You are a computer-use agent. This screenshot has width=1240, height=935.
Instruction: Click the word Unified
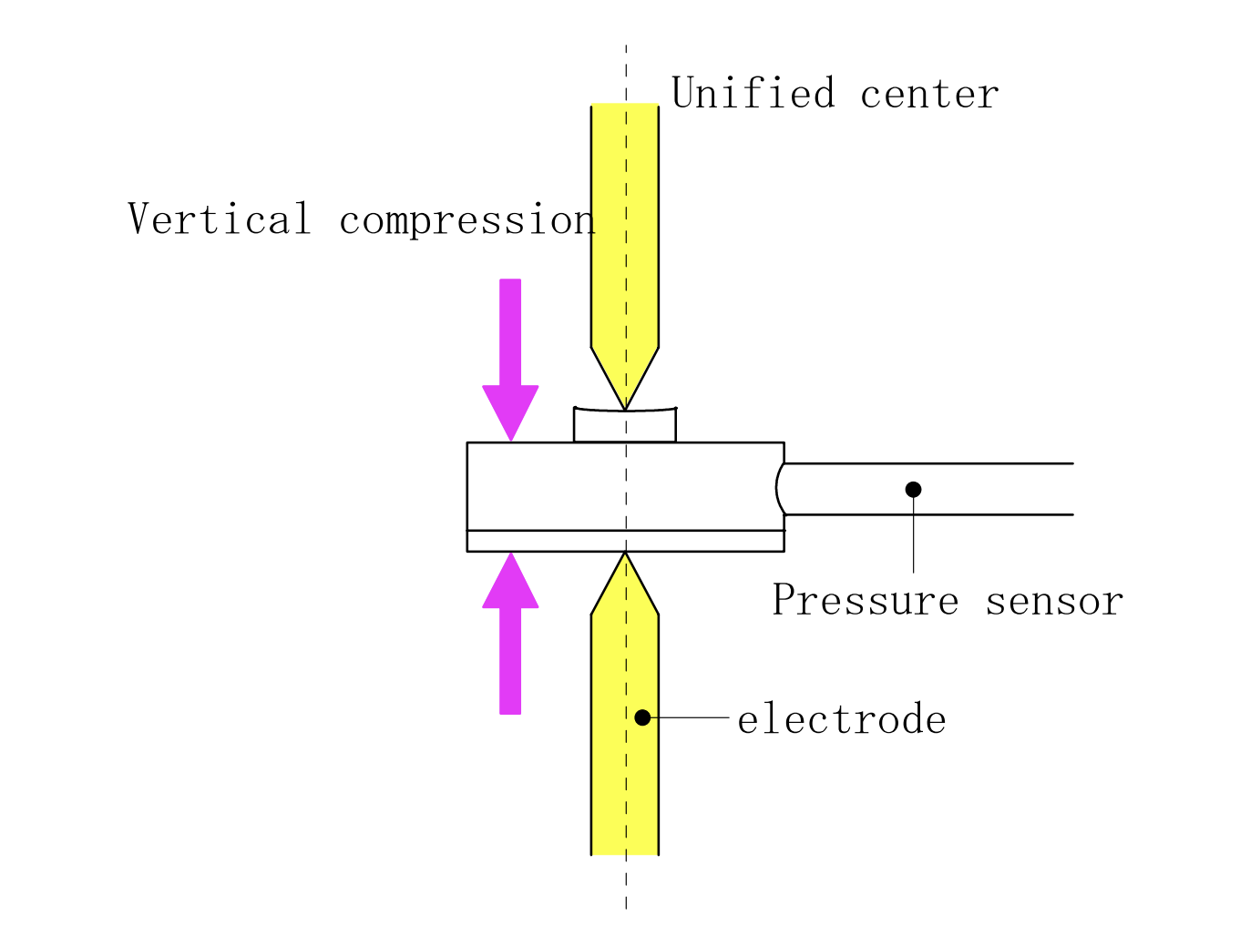(753, 94)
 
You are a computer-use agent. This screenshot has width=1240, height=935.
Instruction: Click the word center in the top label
(929, 94)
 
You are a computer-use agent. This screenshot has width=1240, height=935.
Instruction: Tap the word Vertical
(220, 219)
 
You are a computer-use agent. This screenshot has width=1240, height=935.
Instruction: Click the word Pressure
(865, 601)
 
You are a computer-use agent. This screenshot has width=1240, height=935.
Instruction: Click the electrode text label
(841, 719)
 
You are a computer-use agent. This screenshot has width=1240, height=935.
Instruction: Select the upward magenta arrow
(510, 637)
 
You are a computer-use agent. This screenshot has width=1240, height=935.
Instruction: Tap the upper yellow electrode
(625, 228)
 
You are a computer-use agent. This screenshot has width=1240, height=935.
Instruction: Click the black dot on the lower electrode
(642, 717)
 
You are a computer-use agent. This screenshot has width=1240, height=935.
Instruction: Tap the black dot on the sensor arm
(913, 489)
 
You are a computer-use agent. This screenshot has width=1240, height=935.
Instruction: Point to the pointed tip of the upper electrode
(625, 406)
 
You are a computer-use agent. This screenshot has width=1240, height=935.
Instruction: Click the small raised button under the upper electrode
(625, 426)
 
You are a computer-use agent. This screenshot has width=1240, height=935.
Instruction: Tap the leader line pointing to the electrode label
(688, 717)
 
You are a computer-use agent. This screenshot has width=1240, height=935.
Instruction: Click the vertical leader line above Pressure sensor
(913, 537)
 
